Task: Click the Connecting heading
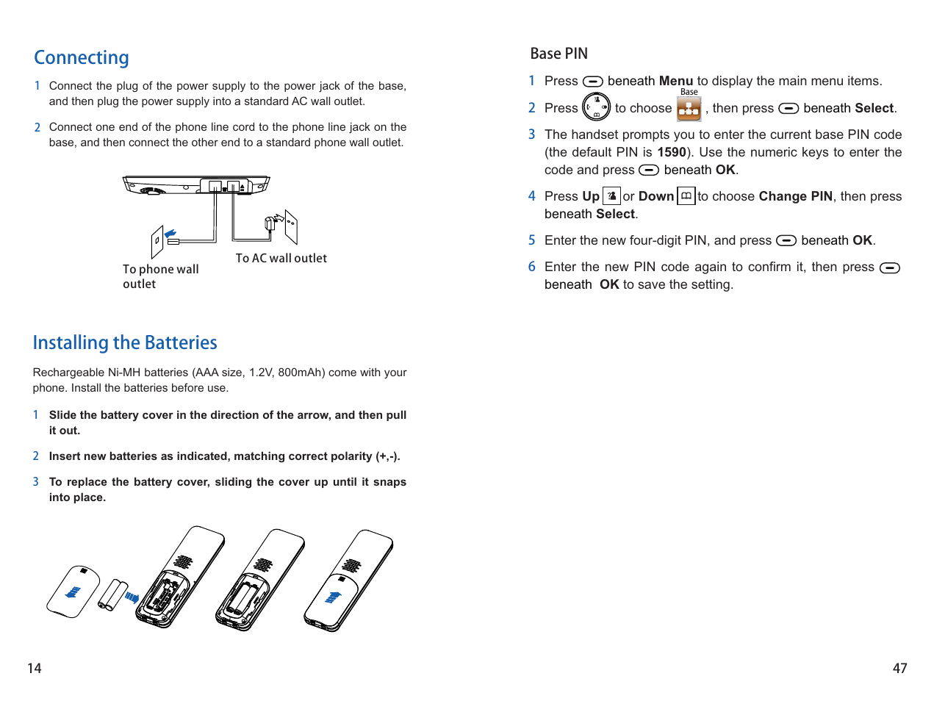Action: pos(82,58)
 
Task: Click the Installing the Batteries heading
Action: pos(125,343)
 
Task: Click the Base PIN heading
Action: pos(558,54)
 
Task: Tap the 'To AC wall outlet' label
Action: pos(281,259)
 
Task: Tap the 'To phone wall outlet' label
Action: pos(160,276)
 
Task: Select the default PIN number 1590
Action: pos(671,152)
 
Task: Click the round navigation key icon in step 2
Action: pos(596,107)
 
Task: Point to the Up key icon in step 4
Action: pos(611,196)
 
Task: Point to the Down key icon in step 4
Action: pos(686,196)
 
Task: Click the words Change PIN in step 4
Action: pos(795,196)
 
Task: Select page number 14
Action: pos(35,668)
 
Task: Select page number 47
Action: pos(899,668)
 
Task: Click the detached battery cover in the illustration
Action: pos(73,592)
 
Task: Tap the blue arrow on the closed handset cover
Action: pos(334,597)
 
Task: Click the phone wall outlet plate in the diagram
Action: pos(157,242)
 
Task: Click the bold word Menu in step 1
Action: pos(675,82)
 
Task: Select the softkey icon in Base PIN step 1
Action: pos(592,82)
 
